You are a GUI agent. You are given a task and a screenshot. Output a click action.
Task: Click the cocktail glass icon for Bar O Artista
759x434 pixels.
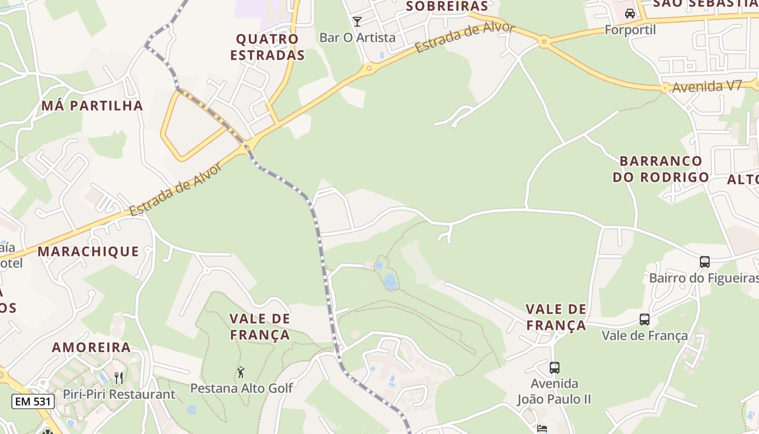357,22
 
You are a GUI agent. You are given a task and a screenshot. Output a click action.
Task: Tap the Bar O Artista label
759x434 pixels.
357,37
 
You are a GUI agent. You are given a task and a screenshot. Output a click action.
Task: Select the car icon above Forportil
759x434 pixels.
629,14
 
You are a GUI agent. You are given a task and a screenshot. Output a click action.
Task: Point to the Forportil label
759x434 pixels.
630,29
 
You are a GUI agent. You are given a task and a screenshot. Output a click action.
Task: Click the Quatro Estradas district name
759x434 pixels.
267,47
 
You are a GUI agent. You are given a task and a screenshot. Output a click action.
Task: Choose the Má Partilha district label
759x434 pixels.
92,105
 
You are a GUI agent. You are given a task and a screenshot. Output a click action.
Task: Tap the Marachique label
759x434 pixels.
88,251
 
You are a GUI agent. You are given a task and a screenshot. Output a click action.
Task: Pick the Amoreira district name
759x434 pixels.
91,347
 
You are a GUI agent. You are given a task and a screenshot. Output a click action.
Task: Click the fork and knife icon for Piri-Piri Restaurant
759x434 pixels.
119,378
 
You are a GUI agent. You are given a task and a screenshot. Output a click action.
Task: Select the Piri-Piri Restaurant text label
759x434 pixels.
119,394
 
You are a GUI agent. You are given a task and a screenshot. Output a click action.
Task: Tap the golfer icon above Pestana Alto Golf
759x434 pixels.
241,372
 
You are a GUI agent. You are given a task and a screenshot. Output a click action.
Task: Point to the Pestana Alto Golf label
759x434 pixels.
241,388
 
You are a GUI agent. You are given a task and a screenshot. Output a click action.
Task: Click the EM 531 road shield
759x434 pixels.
33,401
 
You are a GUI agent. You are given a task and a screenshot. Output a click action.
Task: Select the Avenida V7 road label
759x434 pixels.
706,86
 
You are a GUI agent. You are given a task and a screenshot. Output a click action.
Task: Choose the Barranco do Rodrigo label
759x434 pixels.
661,169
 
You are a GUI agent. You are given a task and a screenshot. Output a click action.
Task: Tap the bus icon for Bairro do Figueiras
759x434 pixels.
704,262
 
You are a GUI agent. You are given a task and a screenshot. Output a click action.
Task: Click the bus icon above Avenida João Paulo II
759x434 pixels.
554,368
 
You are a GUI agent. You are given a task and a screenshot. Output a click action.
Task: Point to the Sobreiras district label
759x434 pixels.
447,6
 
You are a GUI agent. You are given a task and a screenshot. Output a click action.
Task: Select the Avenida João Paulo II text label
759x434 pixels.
554,391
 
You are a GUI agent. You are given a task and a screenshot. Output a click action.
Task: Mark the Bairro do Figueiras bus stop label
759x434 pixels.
704,278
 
